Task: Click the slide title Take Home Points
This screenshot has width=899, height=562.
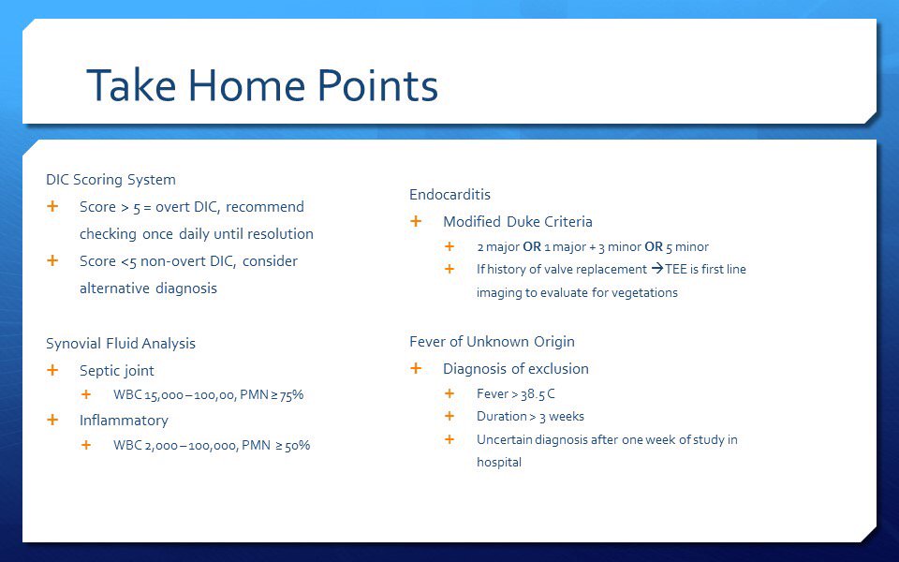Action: tap(262, 86)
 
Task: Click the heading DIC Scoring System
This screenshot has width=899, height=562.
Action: tap(111, 179)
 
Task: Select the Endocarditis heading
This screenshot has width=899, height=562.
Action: tap(449, 195)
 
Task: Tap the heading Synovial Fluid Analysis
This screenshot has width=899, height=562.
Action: tap(121, 344)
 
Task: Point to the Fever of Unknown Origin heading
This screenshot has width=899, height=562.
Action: tap(492, 342)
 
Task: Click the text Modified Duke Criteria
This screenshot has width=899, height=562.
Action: tap(517, 222)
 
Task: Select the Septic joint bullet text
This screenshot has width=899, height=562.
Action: tap(117, 371)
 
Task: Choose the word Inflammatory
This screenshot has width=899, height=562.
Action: tap(124, 421)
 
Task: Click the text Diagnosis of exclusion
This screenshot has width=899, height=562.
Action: tap(515, 369)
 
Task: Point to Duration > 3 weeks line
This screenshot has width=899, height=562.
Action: tap(530, 417)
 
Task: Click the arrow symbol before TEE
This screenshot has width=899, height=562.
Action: tap(656, 270)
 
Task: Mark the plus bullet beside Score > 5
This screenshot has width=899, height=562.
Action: tap(52, 206)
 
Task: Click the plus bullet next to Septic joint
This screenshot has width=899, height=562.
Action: tap(52, 371)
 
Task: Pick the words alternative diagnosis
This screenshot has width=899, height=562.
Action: tap(148, 288)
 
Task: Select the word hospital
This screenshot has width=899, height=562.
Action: tap(499, 462)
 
